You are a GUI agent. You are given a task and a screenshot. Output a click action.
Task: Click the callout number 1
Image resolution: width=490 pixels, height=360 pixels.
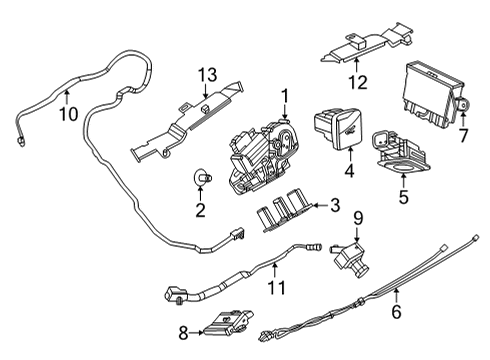click(284, 98)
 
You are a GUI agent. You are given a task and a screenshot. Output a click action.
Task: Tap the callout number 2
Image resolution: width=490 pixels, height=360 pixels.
click(199, 211)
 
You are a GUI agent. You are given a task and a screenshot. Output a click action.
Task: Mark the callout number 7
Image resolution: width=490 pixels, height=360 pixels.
click(462, 134)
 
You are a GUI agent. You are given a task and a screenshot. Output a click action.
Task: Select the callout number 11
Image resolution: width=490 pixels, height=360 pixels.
click(277, 289)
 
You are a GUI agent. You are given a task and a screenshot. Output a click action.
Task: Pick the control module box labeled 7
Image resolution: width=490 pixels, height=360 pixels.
click(433, 95)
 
